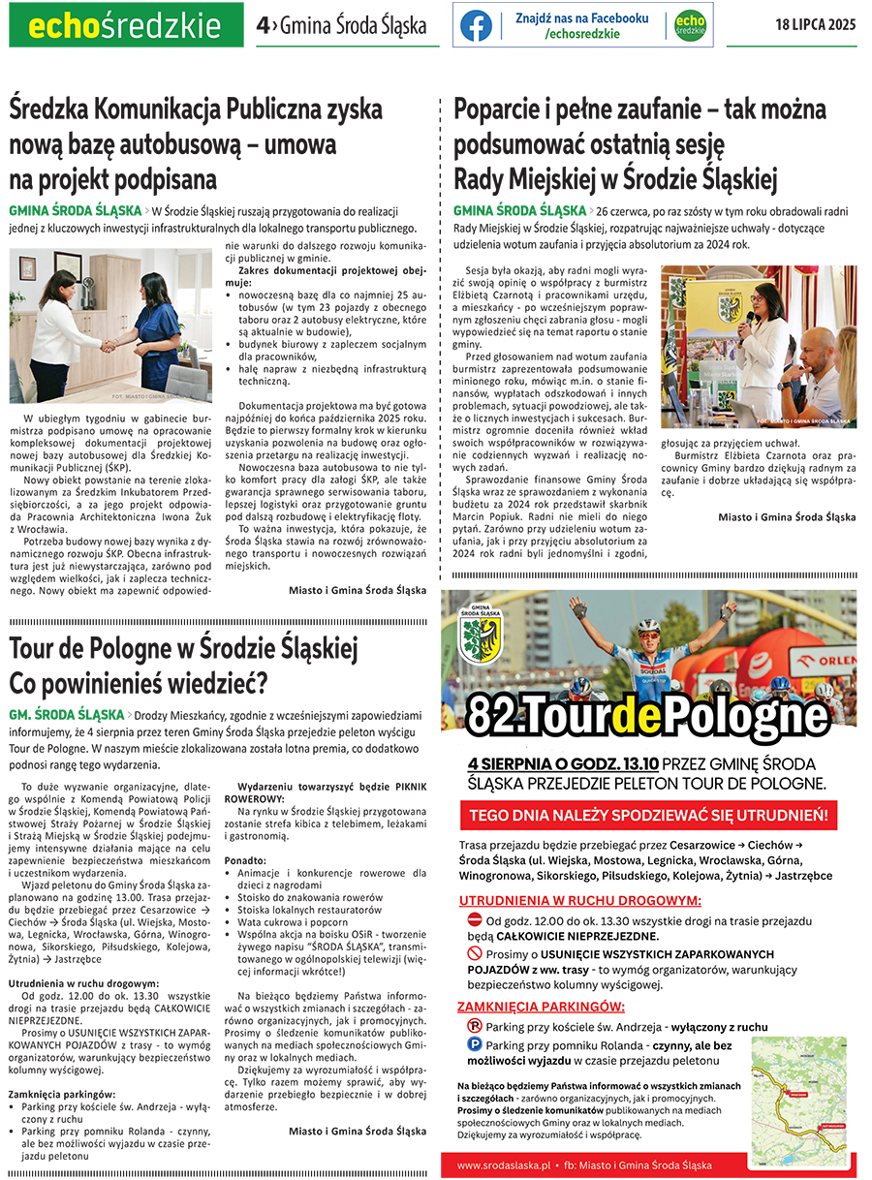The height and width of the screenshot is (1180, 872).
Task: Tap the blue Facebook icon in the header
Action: (x=476, y=26)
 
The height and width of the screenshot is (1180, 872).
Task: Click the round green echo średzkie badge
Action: (x=689, y=26)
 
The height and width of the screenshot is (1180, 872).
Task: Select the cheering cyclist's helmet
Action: (x=648, y=627)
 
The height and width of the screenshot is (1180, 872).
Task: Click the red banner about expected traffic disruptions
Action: (x=648, y=815)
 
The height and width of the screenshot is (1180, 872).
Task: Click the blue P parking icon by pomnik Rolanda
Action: (x=474, y=1045)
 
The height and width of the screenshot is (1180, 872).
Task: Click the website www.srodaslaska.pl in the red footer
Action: (x=503, y=1164)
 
